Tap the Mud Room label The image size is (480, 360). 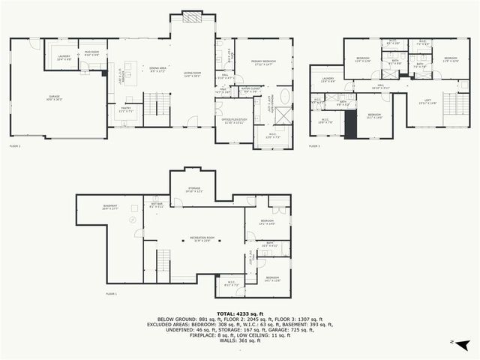pos(91,55)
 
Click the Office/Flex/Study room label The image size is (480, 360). pos(233,121)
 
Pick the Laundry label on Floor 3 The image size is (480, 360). pos(328,79)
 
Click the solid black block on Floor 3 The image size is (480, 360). pos(351,124)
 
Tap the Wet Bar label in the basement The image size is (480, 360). pos(157,204)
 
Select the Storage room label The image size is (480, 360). pos(193,190)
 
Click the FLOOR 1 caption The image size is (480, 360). pos(111,293)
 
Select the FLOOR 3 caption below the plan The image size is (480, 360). pos(314,145)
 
